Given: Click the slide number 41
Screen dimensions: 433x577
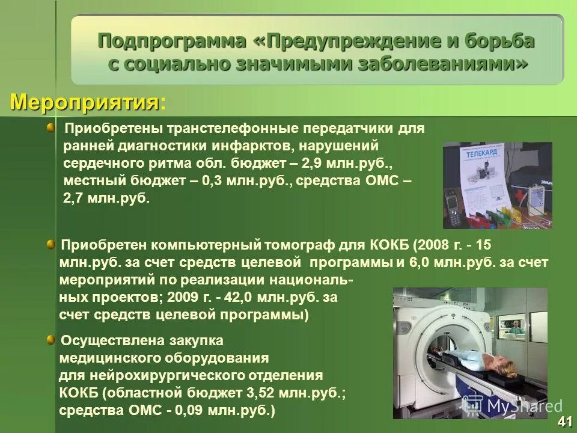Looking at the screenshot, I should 564,421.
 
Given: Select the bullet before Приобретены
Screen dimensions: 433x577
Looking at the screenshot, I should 51,126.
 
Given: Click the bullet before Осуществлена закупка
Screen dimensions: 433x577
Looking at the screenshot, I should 51,341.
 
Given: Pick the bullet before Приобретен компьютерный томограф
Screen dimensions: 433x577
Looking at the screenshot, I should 51,244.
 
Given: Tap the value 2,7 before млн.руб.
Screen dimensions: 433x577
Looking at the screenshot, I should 75,198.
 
